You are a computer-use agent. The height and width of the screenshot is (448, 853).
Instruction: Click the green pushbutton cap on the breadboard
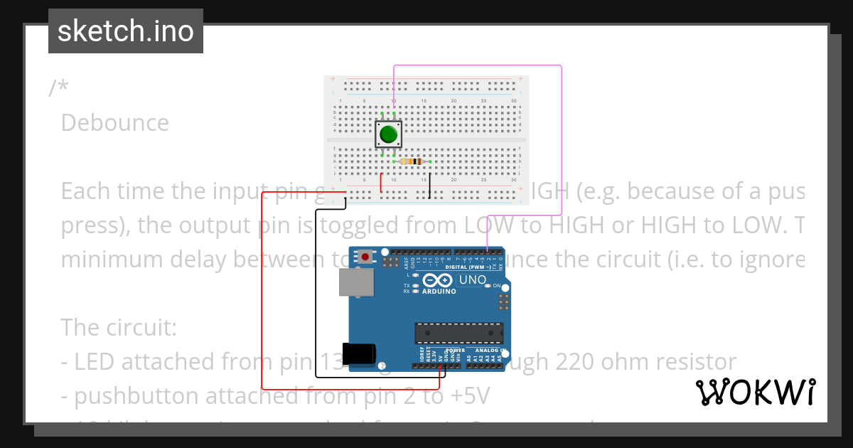(x=388, y=134)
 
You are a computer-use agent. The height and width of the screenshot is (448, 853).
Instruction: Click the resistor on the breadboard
(x=412, y=161)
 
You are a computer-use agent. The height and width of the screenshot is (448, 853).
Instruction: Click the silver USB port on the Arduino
(x=356, y=282)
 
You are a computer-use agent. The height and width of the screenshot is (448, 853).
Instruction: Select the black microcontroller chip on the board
(x=459, y=333)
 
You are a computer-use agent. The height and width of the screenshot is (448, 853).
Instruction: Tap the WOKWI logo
(x=755, y=392)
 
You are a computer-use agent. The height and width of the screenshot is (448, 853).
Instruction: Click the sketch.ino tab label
(x=125, y=31)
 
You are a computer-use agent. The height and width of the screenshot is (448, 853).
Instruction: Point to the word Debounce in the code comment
(x=115, y=123)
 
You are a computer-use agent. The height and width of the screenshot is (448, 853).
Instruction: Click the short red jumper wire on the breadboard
(x=382, y=182)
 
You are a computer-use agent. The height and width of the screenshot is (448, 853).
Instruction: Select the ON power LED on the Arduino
(x=488, y=286)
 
